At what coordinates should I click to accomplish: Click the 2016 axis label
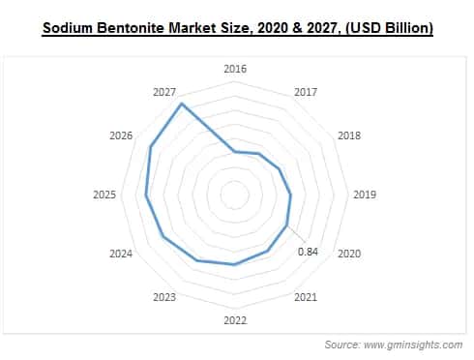click(x=235, y=69)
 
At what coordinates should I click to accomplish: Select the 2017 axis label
click(x=306, y=92)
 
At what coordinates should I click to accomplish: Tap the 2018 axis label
click(x=348, y=136)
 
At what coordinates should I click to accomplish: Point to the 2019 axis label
click(x=364, y=195)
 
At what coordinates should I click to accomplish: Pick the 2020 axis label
click(x=348, y=254)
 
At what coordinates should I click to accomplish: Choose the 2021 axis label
click(x=306, y=297)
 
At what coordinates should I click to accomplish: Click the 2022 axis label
click(x=235, y=320)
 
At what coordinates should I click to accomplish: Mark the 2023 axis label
click(x=164, y=297)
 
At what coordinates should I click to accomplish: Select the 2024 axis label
click(x=121, y=254)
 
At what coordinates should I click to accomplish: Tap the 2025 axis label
click(x=104, y=195)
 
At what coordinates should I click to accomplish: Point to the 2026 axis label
click(x=121, y=136)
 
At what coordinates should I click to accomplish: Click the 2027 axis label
click(x=164, y=92)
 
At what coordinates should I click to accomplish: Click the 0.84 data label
click(x=309, y=252)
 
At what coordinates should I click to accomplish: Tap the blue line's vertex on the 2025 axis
click(x=146, y=195)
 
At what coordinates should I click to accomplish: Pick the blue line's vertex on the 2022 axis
click(x=234, y=264)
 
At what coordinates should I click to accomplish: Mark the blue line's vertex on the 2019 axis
click(x=291, y=195)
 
